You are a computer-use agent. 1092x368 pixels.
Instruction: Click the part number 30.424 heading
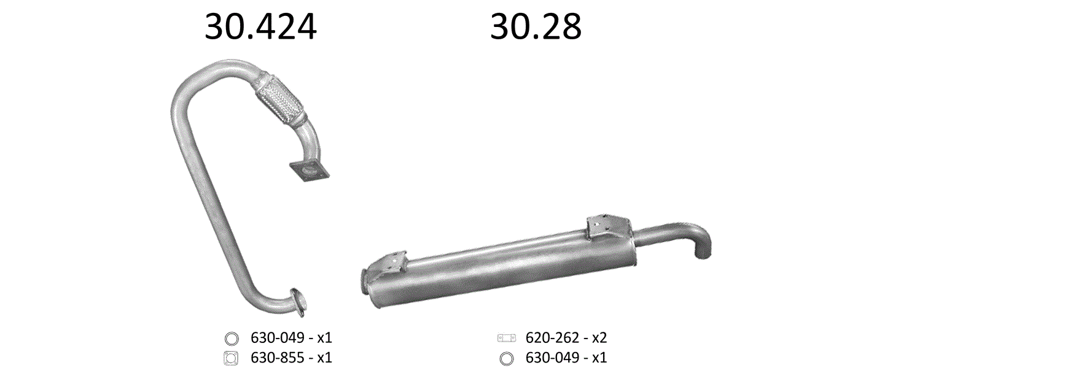pyautogui.click(x=260, y=28)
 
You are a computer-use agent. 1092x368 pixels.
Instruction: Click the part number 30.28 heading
pyautogui.click(x=536, y=28)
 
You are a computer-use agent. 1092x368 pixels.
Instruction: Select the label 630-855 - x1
pyautogui.click(x=291, y=357)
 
